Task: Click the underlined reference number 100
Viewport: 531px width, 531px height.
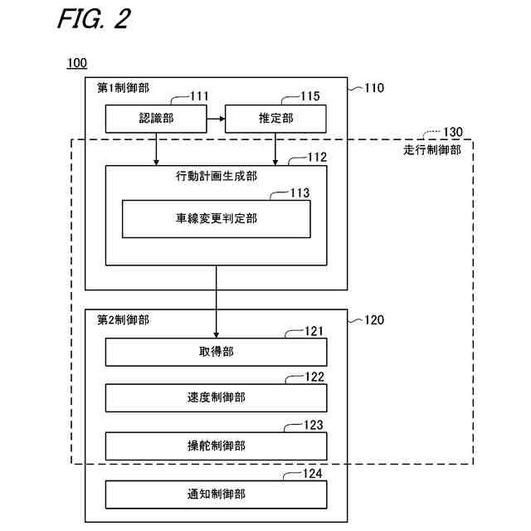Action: point(76,64)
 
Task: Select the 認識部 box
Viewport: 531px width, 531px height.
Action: point(156,119)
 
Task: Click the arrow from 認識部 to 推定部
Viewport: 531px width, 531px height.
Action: point(216,119)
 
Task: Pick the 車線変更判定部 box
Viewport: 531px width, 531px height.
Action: point(216,218)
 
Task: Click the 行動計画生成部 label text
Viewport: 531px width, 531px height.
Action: point(216,177)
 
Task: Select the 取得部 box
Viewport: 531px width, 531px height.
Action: point(216,352)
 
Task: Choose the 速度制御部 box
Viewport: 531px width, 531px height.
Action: point(216,399)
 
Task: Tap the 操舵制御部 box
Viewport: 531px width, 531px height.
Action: point(216,446)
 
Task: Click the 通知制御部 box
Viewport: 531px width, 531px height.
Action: point(216,494)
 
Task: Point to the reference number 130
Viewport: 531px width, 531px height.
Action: point(454,132)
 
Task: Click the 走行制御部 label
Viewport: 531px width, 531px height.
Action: point(431,149)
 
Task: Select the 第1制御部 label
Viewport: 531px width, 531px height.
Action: point(124,88)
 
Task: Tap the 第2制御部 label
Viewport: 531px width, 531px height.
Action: point(124,319)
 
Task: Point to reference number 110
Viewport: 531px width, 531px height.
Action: point(374,87)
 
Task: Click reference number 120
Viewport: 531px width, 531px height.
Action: point(374,319)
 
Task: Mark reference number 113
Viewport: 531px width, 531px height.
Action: point(300,192)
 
